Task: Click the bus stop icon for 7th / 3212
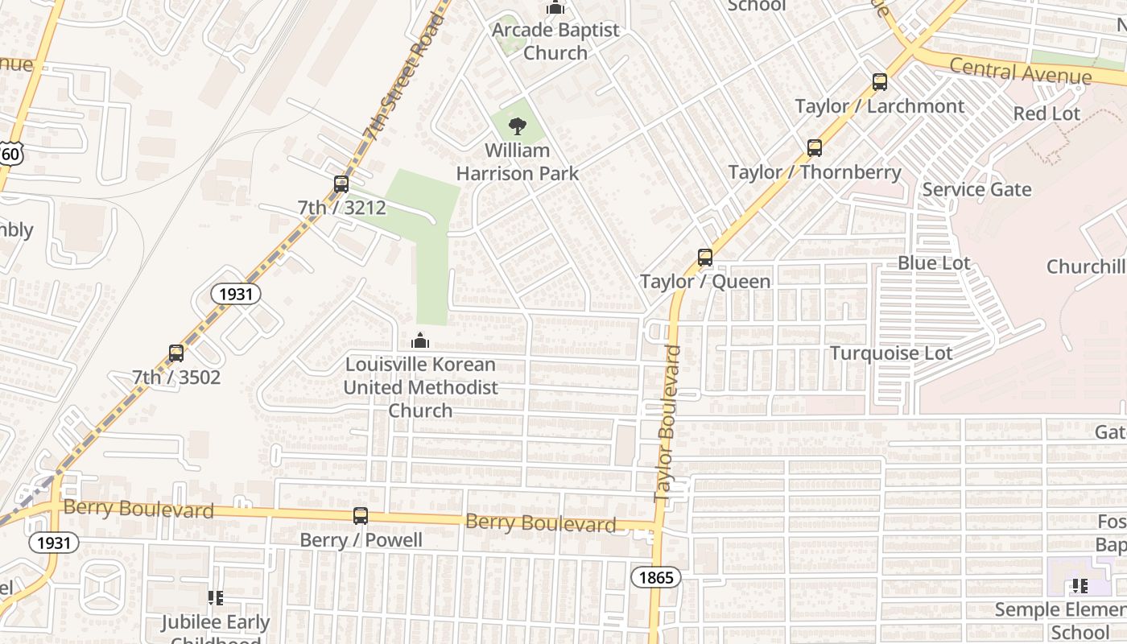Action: click(341, 184)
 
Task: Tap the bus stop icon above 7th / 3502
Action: click(176, 353)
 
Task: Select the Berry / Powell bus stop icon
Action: click(361, 516)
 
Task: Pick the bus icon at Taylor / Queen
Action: click(705, 258)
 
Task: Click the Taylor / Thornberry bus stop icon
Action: click(815, 148)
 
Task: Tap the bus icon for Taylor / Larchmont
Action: click(880, 82)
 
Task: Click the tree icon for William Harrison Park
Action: click(518, 126)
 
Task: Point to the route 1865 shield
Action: click(655, 576)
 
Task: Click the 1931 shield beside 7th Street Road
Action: click(236, 294)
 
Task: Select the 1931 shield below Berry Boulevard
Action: click(54, 543)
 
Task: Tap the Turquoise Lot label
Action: click(891, 353)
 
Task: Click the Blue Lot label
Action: click(934, 263)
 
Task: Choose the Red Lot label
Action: click(1046, 114)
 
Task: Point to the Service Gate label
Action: click(976, 189)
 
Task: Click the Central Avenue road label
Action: click(1020, 72)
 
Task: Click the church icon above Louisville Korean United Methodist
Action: click(420, 341)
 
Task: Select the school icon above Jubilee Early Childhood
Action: click(215, 598)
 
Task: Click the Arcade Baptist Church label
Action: click(555, 41)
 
